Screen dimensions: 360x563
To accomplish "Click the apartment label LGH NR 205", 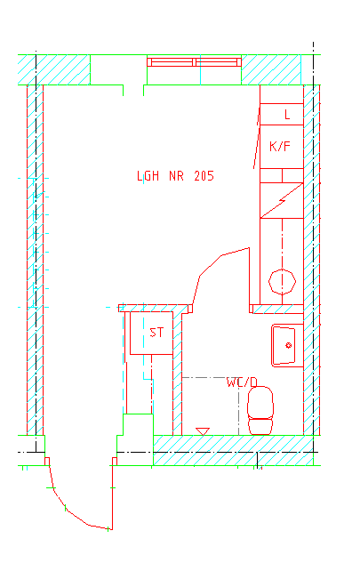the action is click(x=175, y=176).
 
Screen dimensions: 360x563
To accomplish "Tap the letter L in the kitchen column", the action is click(x=287, y=115).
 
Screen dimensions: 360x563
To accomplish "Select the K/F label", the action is click(x=280, y=146).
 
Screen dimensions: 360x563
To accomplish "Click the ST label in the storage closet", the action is click(x=156, y=333).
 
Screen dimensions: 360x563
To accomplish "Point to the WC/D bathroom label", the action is click(x=242, y=382).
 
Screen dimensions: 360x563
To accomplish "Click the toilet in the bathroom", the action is click(x=260, y=410).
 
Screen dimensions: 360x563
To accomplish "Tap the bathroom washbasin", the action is click(x=287, y=345).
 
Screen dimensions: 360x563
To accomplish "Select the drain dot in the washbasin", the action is click(x=288, y=345).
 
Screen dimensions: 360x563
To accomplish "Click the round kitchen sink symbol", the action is click(x=282, y=282).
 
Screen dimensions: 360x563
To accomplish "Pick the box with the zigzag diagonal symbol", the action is click(x=282, y=200).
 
